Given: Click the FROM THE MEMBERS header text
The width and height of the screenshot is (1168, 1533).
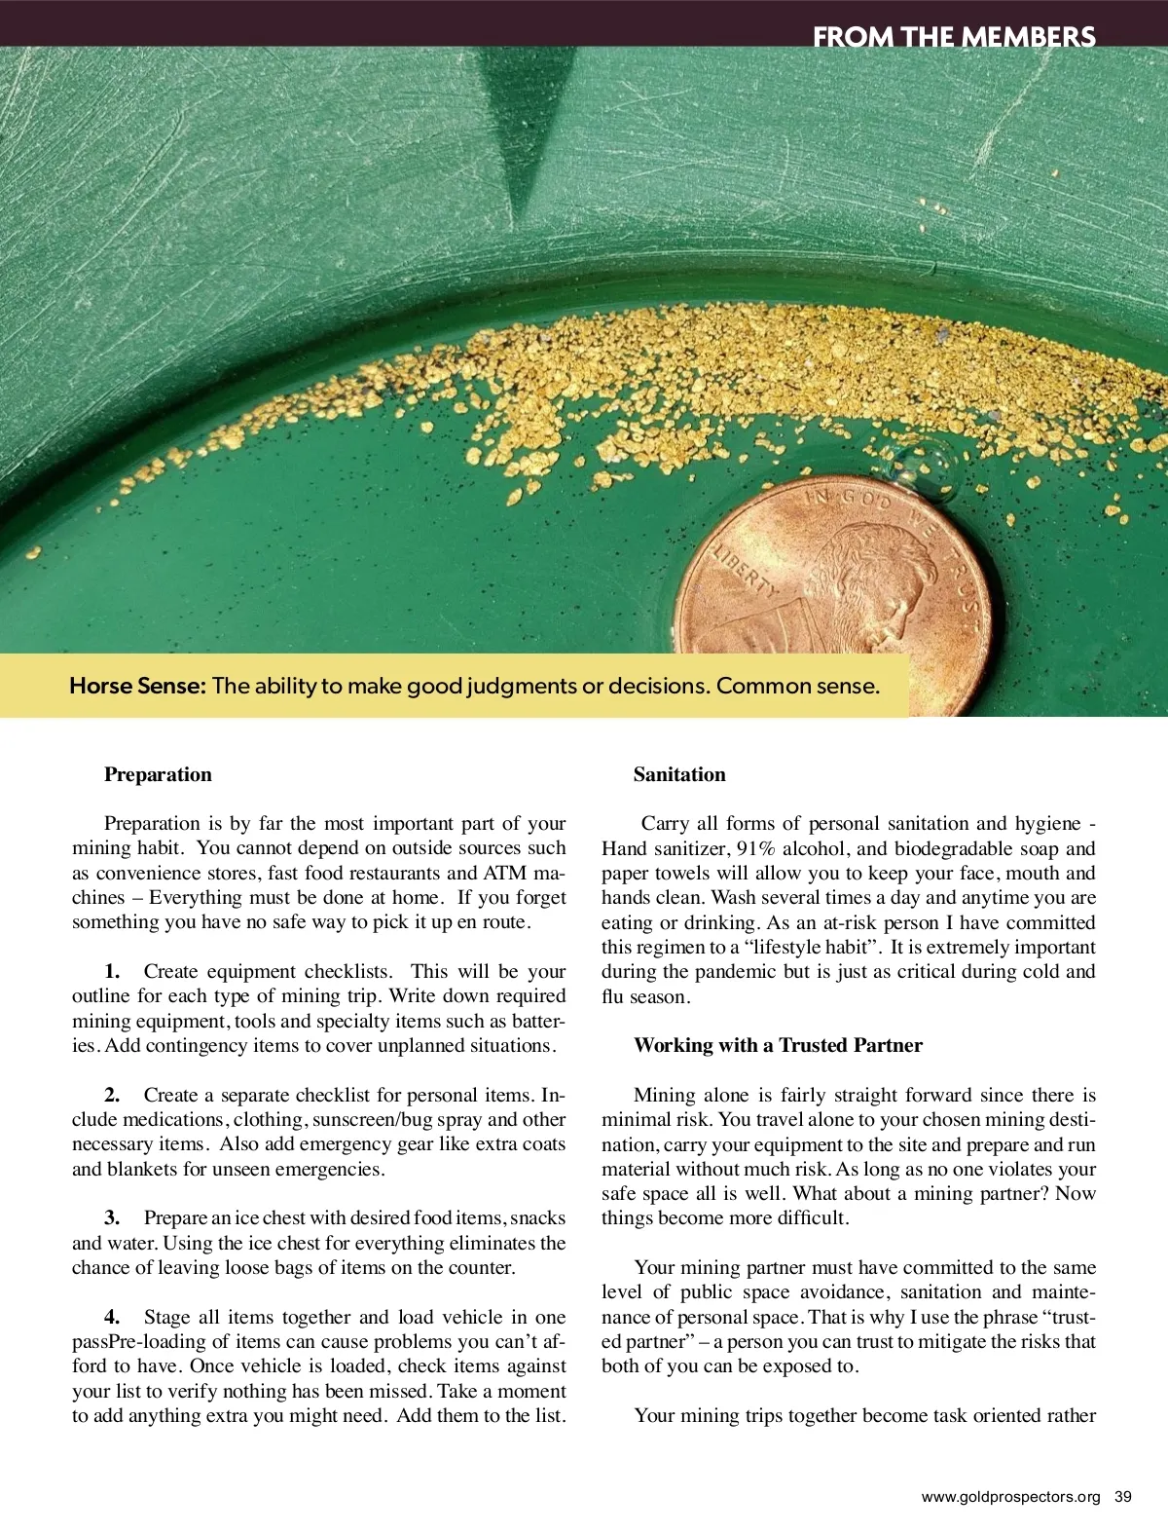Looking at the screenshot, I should tap(954, 37).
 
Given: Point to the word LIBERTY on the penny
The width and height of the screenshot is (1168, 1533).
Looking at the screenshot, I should tap(746, 573).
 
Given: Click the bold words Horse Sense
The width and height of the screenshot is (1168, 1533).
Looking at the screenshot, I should tap(137, 686).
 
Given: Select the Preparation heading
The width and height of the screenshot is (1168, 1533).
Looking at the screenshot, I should tap(158, 774).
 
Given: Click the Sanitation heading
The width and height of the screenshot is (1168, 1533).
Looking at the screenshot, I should tap(679, 774).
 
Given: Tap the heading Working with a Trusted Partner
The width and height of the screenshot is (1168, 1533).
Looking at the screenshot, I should tap(778, 1045).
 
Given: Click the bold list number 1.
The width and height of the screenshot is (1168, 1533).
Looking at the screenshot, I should tap(112, 971).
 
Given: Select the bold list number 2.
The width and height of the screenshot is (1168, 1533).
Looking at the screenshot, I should tap(112, 1095).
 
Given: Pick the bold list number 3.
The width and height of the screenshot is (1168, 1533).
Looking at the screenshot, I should tap(112, 1217).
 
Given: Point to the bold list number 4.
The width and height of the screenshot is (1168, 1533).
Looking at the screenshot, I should tap(112, 1317).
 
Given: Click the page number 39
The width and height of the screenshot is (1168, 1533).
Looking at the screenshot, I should tap(1123, 1497).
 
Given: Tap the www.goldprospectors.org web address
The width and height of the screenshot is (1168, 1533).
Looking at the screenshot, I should tap(1010, 1497).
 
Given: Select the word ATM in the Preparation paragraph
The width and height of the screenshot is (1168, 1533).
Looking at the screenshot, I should tap(504, 873).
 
